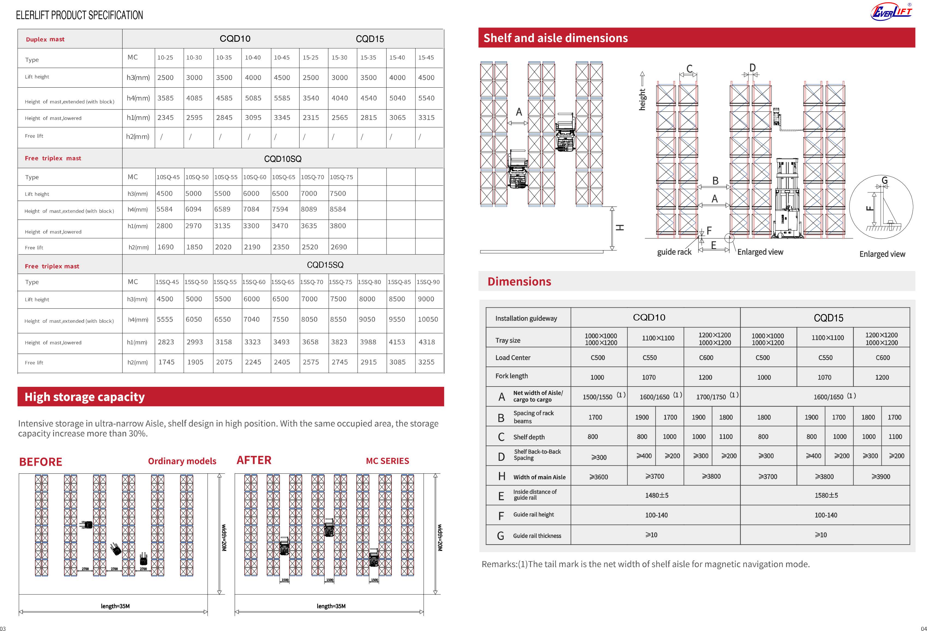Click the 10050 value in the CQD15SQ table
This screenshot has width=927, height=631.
pyautogui.click(x=427, y=319)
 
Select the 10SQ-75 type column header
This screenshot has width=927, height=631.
pyautogui.click(x=341, y=177)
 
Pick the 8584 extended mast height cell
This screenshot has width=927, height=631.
pyautogui.click(x=338, y=209)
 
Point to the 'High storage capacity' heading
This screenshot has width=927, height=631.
pyautogui.click(x=85, y=397)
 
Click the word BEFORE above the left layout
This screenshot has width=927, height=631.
pyautogui.click(x=41, y=462)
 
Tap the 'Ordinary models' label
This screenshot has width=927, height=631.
pyautogui.click(x=182, y=461)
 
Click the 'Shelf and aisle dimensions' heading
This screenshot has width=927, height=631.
pyautogui.click(x=555, y=38)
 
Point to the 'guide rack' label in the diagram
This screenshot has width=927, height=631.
pyautogui.click(x=674, y=252)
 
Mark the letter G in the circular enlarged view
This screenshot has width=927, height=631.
pyautogui.click(x=884, y=180)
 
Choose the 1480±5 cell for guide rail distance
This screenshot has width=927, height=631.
pyautogui.click(x=656, y=495)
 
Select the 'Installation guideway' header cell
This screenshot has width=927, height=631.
pyautogui.click(x=526, y=318)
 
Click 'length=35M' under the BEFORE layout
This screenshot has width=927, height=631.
pyautogui.click(x=115, y=606)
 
